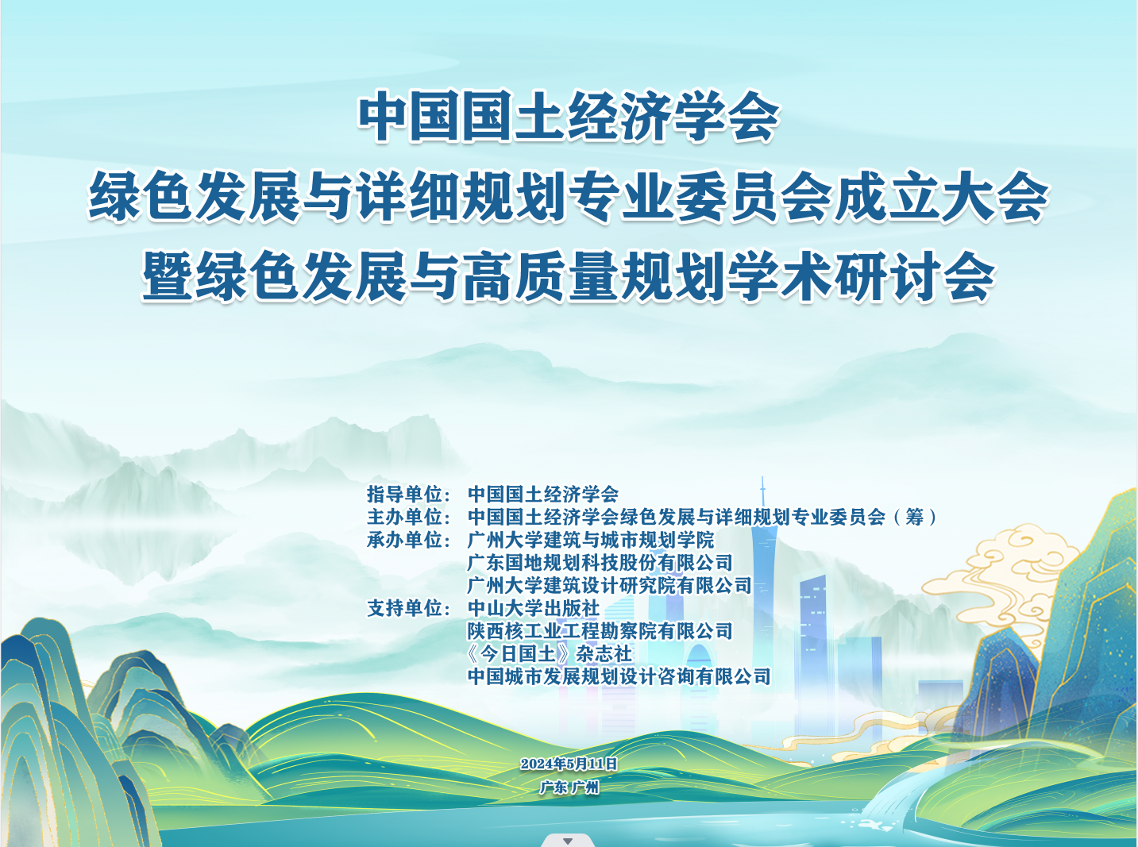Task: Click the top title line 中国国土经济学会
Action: (569, 117)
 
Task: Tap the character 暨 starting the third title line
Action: (167, 277)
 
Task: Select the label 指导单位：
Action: (409, 494)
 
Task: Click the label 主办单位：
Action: (409, 517)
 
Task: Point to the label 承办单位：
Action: (409, 540)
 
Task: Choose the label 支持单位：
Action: (409, 608)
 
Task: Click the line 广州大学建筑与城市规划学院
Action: (591, 540)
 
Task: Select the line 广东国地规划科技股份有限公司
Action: (600, 562)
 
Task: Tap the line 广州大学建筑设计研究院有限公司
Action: (609, 585)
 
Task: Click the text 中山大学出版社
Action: (534, 608)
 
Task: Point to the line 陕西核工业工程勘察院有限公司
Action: (600, 630)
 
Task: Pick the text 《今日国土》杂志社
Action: (550, 653)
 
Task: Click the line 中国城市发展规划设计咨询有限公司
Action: (619, 676)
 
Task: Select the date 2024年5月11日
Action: (569, 764)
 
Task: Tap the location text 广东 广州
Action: (569, 787)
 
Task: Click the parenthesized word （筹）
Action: (915, 517)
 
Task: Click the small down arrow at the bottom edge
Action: (568, 841)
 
